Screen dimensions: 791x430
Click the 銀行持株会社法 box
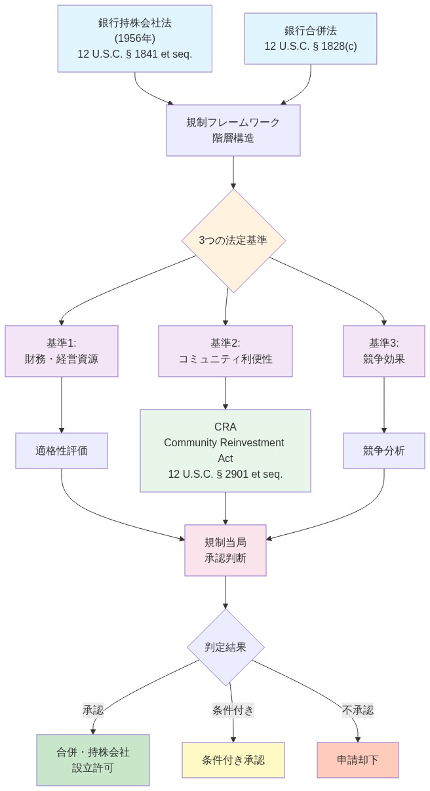134,39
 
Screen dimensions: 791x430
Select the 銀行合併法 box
311,39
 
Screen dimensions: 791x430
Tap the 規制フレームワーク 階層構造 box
233,130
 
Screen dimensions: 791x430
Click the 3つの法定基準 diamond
233,241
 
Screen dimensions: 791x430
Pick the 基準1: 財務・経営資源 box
62,351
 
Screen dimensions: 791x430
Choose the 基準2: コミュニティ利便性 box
225,351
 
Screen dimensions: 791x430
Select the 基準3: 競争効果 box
384,351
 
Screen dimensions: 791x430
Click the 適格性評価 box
62,451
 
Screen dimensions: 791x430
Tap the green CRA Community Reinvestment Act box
225,451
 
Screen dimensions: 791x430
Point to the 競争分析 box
384,451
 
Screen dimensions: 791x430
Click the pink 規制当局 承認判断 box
225,550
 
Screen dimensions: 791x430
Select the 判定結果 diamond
225,647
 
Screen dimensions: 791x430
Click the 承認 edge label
93,710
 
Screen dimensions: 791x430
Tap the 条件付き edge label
233,710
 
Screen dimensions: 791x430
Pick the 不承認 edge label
358,710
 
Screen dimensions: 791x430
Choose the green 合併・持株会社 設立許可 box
93,760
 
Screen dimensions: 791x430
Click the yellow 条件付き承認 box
233,760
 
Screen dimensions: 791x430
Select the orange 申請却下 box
358,760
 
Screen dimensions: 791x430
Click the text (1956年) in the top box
134,39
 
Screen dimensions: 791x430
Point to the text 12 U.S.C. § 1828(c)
311,47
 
